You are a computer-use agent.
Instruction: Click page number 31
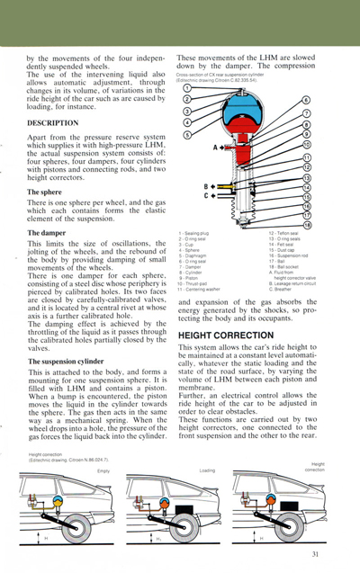[315, 554]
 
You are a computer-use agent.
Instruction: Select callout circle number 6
[306, 100]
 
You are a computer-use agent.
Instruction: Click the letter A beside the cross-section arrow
[216, 146]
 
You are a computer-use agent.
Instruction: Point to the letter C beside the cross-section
[205, 194]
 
